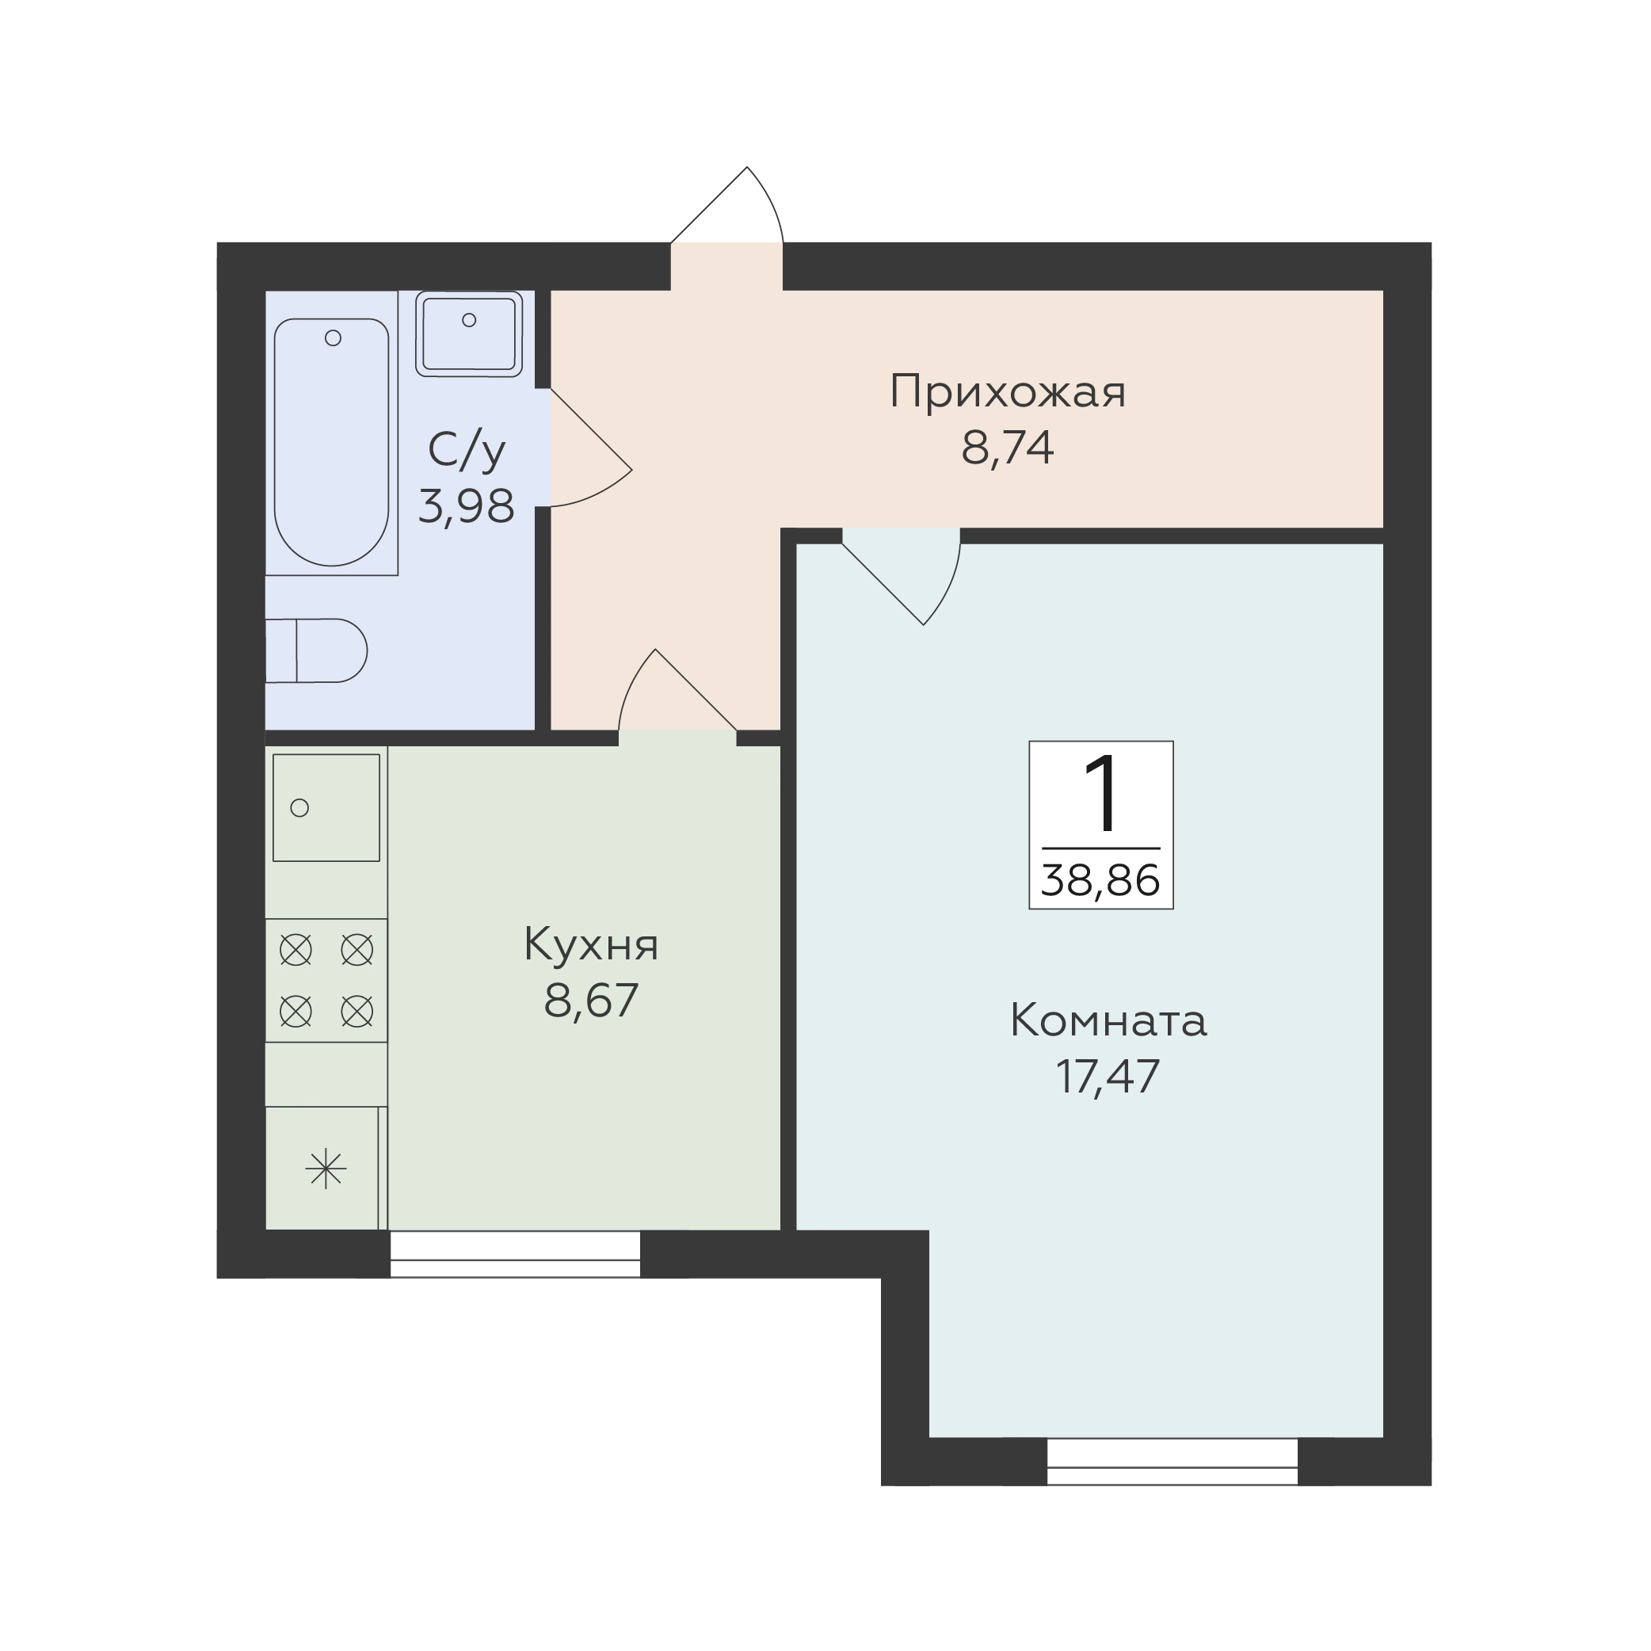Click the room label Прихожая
tap(1008, 393)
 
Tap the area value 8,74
tap(1008, 448)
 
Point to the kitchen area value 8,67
tap(591, 1001)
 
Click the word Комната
tap(1108, 1021)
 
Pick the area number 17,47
tap(1108, 1077)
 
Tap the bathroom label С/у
tap(467, 452)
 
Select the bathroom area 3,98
tap(467, 506)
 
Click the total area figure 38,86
tap(1100, 880)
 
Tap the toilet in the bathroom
tap(316, 650)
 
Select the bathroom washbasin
tap(469, 334)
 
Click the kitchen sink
tap(326, 807)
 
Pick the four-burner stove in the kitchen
tap(326, 980)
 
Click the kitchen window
tap(515, 1254)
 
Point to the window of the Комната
tap(1172, 1462)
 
